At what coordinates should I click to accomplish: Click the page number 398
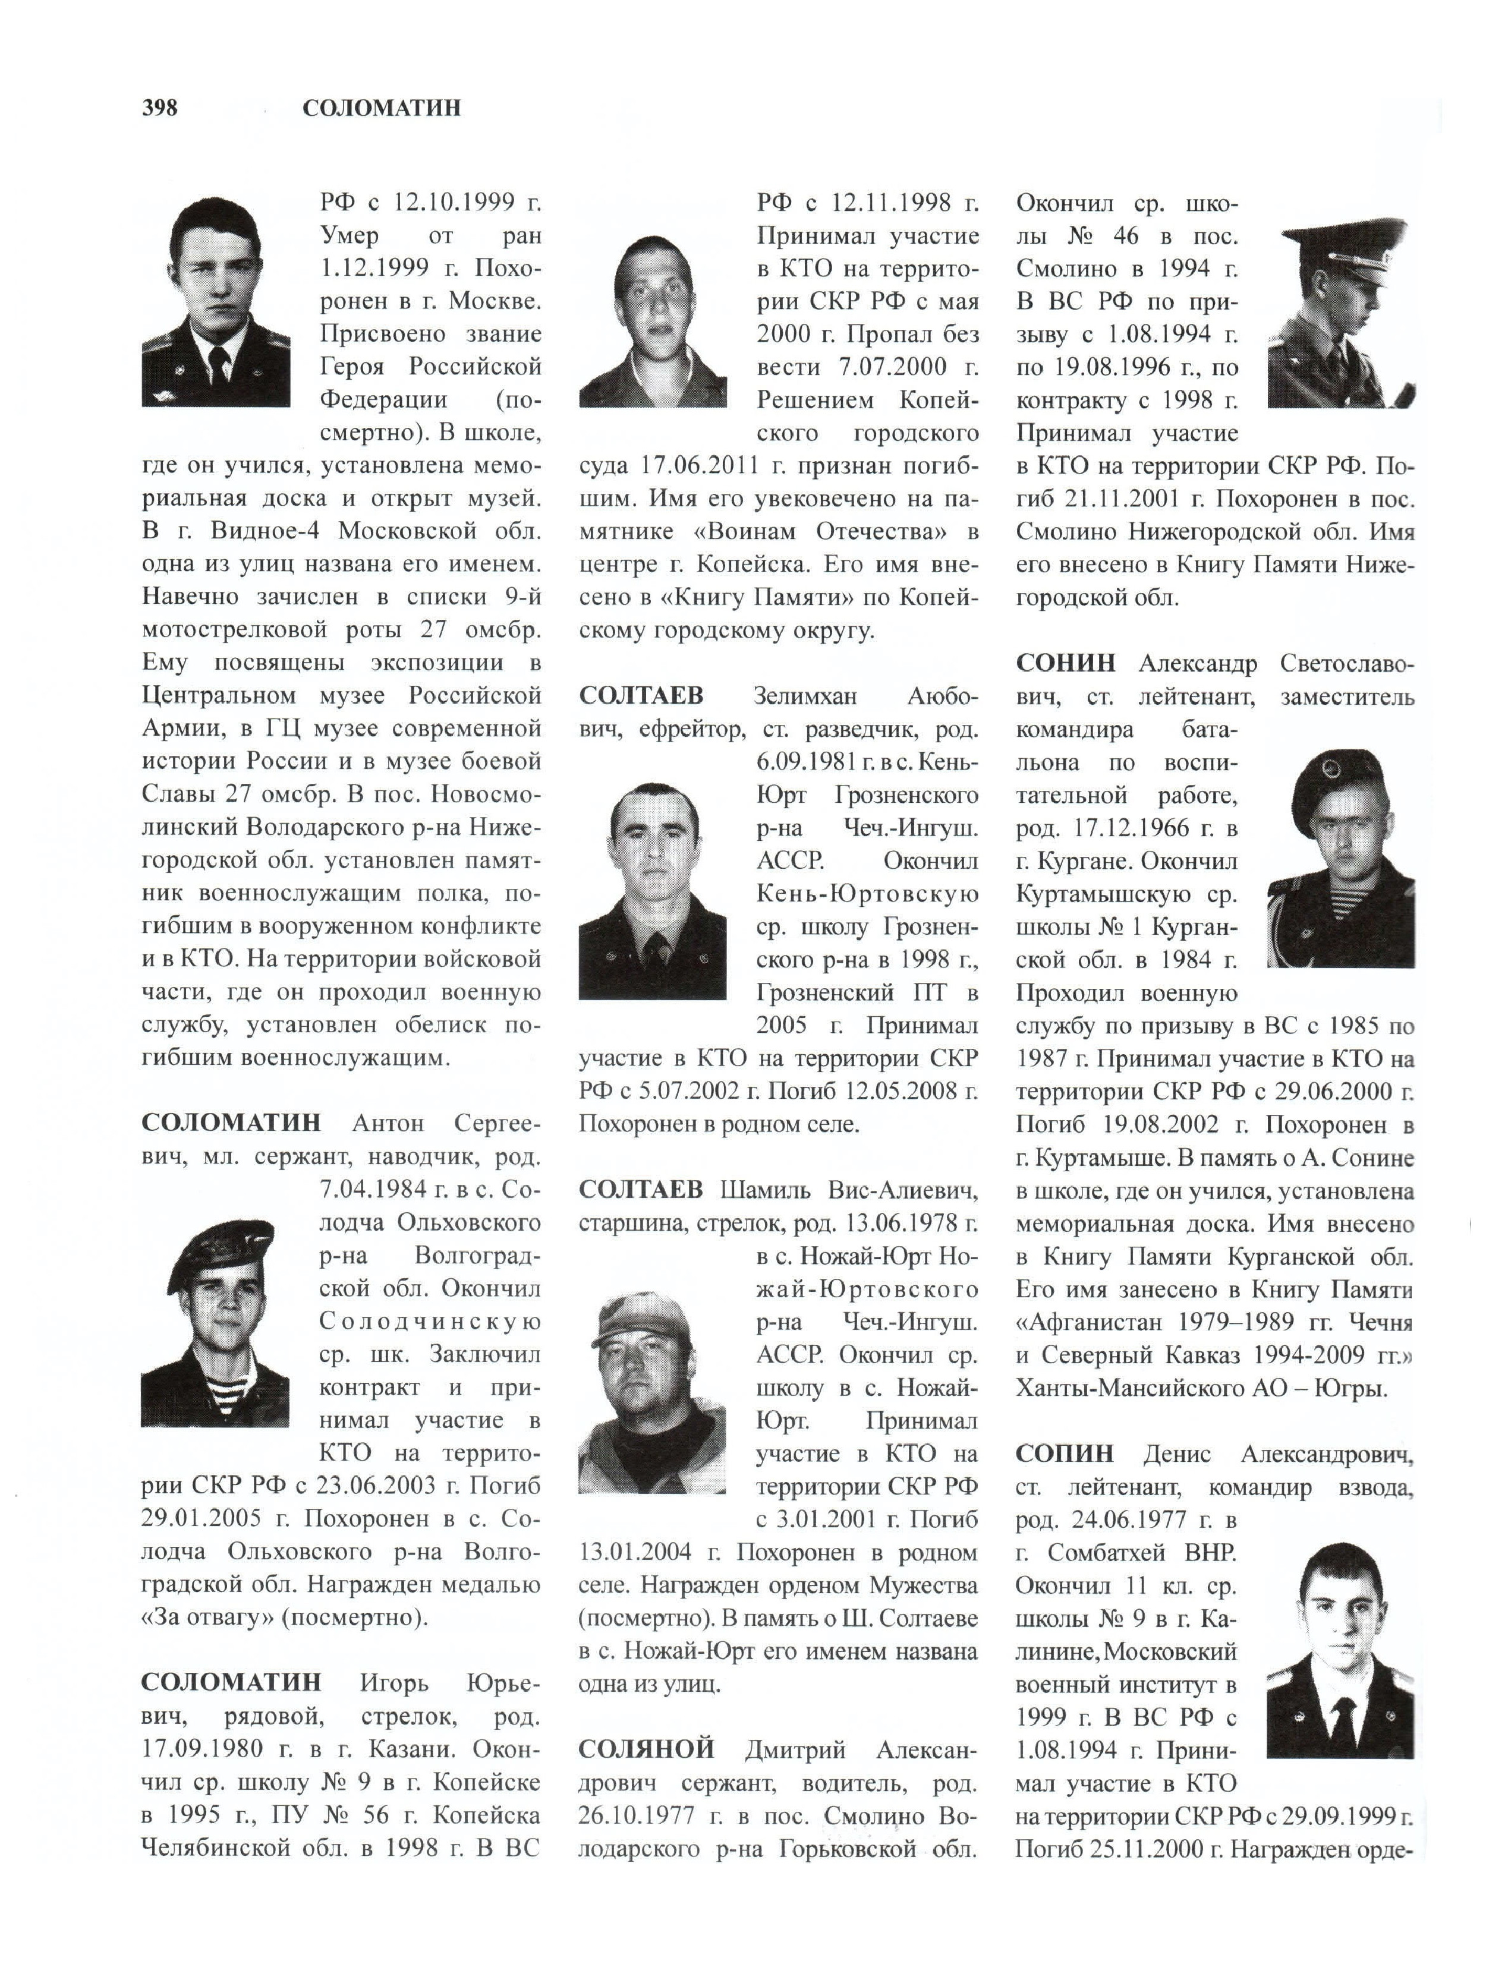pos(159,108)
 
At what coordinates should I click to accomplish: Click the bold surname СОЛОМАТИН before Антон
pos(231,1123)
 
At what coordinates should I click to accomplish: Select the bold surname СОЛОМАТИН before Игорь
pos(231,1682)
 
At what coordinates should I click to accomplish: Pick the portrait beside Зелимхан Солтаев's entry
pos(653,891)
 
